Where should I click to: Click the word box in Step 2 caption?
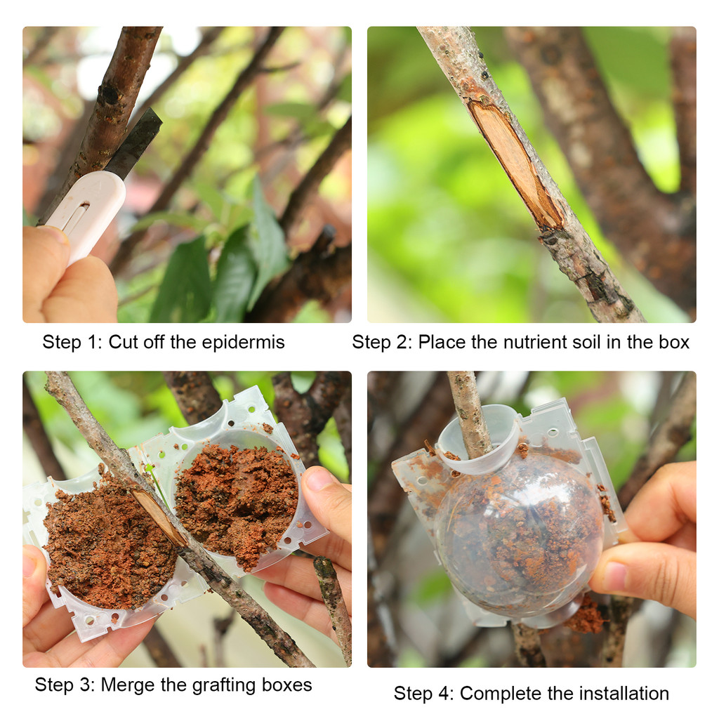(675, 343)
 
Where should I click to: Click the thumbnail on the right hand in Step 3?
(319, 480)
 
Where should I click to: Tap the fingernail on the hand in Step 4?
(615, 576)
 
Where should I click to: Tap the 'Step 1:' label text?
(72, 343)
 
